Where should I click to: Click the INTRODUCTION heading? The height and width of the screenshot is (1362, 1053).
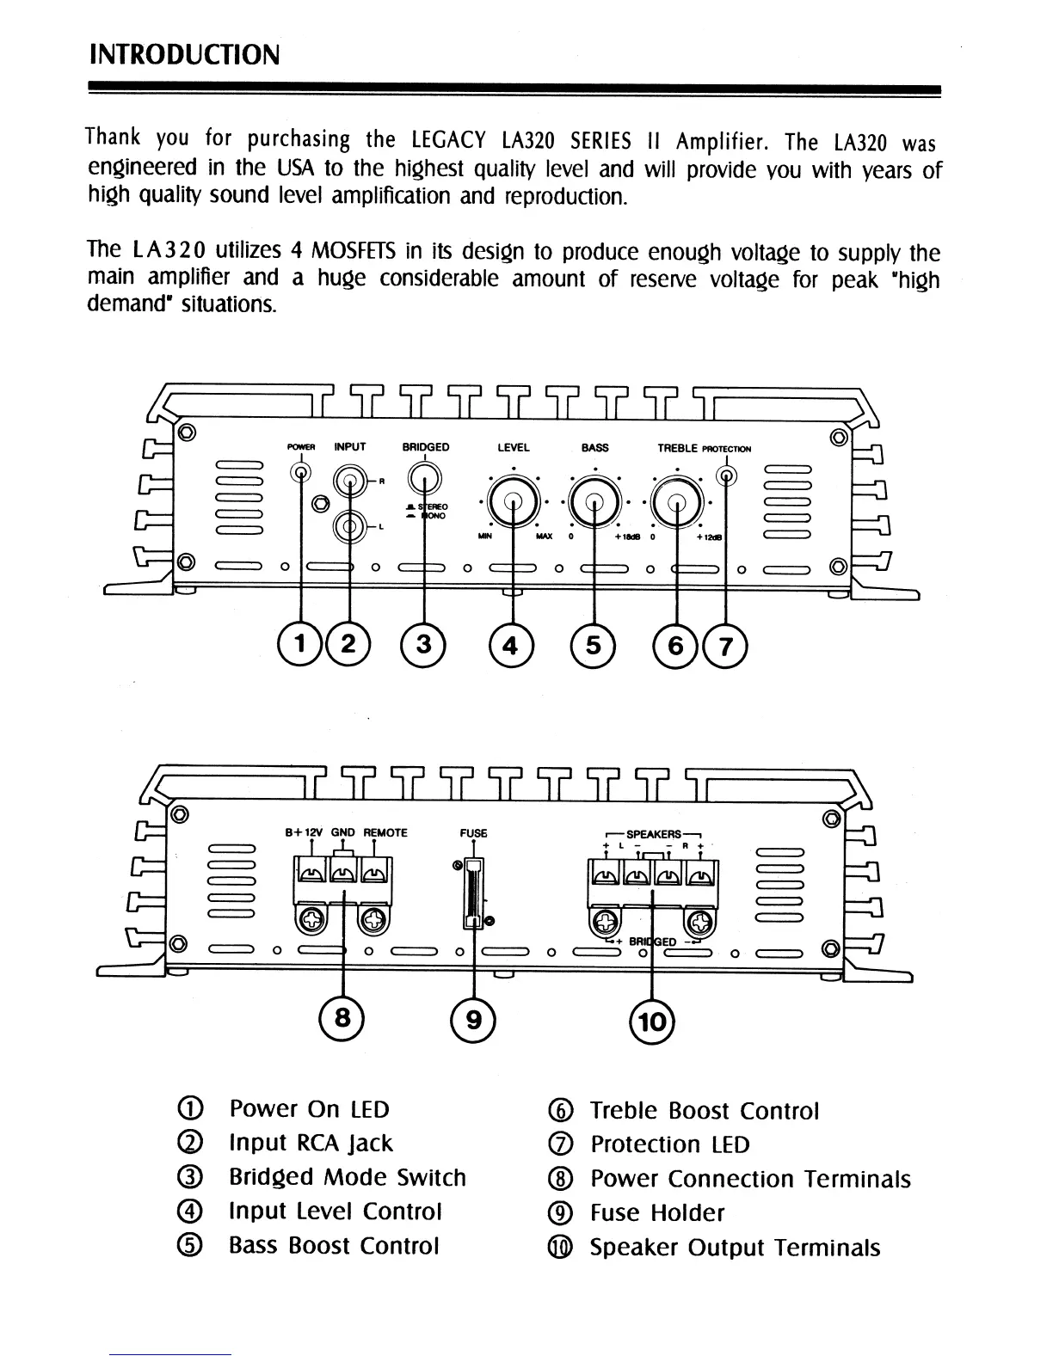click(184, 55)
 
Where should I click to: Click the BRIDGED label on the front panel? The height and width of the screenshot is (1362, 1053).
click(426, 447)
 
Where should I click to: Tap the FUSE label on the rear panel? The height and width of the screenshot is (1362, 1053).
click(473, 833)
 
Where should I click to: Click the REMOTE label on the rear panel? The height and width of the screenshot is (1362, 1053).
click(385, 832)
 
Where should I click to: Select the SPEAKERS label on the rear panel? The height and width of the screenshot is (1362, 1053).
click(654, 834)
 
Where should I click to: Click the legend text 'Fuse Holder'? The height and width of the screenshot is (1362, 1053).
click(657, 1213)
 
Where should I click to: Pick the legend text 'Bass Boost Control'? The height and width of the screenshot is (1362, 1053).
click(334, 1246)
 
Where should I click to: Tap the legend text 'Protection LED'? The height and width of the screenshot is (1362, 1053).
click(670, 1144)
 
